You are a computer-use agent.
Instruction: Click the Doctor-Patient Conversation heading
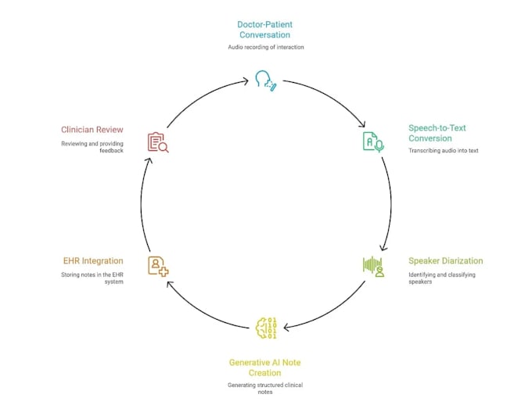point(264,30)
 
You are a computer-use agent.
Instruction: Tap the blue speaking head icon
point(266,81)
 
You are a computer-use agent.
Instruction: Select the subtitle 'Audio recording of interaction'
point(266,47)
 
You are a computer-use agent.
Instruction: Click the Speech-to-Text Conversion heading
point(437,133)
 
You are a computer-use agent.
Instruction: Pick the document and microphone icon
point(373,142)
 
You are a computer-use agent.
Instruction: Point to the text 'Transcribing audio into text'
point(443,150)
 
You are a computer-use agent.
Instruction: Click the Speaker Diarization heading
point(445,261)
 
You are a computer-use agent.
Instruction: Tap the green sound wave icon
point(373,267)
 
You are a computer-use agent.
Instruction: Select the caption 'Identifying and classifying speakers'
point(442,278)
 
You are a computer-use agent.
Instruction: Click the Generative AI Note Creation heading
point(264,367)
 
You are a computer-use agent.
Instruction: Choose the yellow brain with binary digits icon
point(266,328)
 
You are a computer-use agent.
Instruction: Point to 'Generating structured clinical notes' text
point(265,389)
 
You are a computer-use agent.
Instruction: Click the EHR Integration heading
point(93,261)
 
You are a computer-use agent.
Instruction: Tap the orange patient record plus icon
point(158,267)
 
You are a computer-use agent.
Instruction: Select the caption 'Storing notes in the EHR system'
point(92,278)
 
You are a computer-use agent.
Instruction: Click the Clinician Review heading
point(92,130)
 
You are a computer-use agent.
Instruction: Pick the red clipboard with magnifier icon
point(158,142)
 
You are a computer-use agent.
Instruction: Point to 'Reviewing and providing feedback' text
point(92,147)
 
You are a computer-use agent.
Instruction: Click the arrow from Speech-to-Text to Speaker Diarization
point(391,203)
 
